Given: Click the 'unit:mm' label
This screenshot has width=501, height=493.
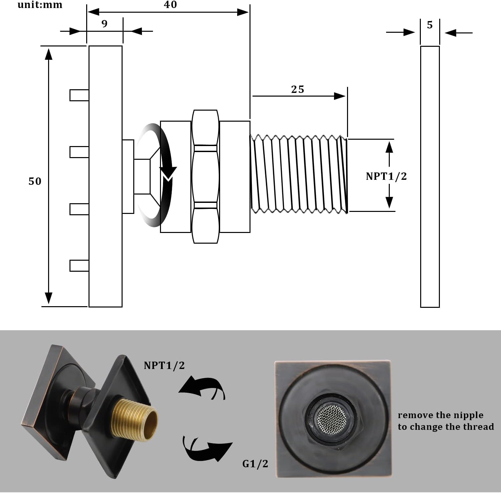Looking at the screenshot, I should tap(40, 5).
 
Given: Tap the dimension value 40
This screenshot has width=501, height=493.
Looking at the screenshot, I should tap(170, 5).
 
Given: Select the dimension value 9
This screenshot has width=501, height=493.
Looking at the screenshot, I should tap(105, 24).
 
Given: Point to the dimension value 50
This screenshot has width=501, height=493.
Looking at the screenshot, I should tap(35, 181).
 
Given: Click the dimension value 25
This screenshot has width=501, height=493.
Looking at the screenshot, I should tap(298, 89).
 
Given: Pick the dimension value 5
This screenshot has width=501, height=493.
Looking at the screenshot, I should tap(430, 25).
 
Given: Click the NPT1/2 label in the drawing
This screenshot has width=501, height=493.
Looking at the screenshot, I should tap(386, 176).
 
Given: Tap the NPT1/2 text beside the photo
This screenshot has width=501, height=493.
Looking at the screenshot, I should tap(164, 365).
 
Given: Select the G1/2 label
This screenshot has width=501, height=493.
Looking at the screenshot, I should tap(255, 464).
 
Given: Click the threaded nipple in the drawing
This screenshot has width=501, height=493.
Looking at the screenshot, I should tap(298, 174).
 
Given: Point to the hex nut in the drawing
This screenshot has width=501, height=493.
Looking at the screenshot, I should tap(205, 176).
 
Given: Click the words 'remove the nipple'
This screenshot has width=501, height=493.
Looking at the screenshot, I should tap(441, 415).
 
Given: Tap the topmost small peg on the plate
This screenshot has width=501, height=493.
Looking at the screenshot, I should tap(79, 95).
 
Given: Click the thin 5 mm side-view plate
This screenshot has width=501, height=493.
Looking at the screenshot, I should tap(430, 176).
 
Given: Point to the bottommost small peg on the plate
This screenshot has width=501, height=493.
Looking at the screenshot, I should tap(79, 266).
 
